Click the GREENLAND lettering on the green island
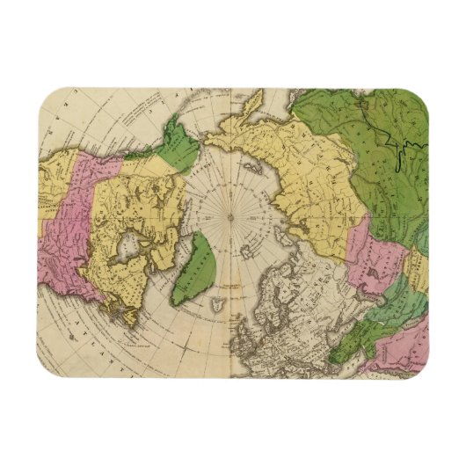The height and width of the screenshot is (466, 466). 195,264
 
